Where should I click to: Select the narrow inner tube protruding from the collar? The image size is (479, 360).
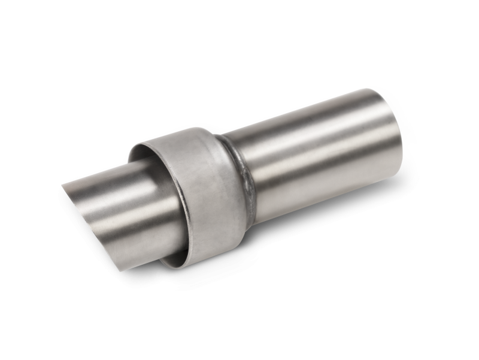point(114,192)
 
